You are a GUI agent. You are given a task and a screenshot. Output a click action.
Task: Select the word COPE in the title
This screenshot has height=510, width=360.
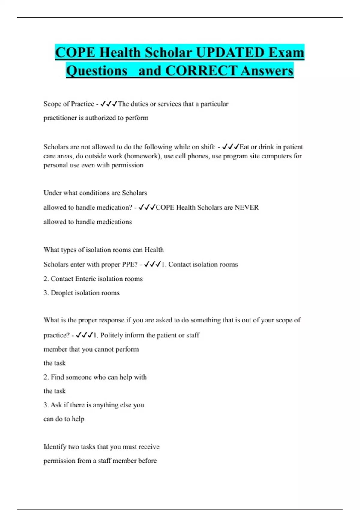coord(75,52)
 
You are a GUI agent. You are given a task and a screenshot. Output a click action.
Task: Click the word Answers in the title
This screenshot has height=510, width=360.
coord(267,71)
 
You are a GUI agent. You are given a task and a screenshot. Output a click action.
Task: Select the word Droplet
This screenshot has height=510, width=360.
coord(62,293)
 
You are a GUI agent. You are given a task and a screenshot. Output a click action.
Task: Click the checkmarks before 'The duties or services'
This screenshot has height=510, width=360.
coord(109,104)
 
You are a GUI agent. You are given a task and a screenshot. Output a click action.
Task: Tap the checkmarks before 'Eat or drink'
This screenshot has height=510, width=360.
coord(230,147)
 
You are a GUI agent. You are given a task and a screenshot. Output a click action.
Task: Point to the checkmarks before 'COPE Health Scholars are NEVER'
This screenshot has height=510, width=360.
coord(147,207)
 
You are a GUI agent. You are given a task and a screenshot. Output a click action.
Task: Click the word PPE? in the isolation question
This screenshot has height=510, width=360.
coord(130,264)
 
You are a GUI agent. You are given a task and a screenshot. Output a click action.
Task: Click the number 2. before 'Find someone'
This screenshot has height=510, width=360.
coord(46,377)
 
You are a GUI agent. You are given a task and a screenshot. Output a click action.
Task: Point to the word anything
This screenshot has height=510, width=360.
coord(106,405)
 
